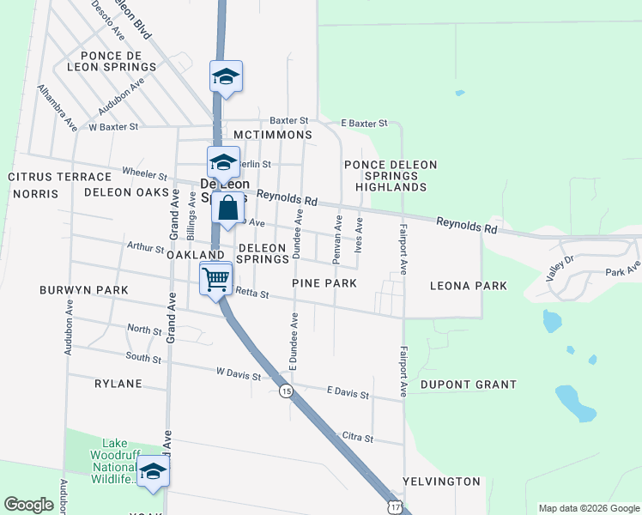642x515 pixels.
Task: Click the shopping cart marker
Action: pos(215,278)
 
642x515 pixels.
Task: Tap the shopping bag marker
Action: pos(227,209)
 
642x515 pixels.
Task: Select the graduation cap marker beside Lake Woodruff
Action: pos(154,471)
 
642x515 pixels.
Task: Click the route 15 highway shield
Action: pos(286,391)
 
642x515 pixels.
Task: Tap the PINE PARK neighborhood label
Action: pos(324,282)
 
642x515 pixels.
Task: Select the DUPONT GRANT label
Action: pos(469,385)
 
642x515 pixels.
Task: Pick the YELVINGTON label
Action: pos(441,482)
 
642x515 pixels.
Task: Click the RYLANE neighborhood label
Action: pos(118,384)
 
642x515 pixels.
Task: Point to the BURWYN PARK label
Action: pos(84,290)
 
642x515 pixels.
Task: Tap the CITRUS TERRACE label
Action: pos(48,177)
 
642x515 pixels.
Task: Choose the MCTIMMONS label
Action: pos(273,136)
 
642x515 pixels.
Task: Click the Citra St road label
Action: pos(357,438)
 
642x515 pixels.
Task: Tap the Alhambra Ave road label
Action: pos(57,107)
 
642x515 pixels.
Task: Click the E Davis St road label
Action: pos(348,393)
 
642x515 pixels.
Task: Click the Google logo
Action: pos(28,505)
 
